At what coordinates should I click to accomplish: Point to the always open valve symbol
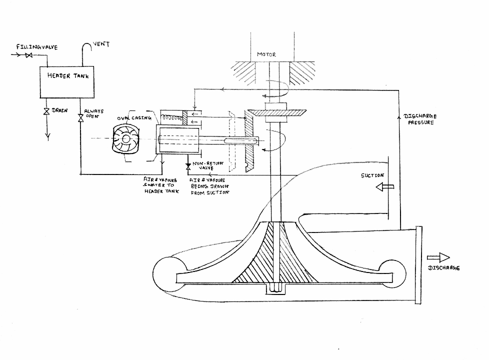[x=80, y=118]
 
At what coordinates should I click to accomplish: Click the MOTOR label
[x=266, y=54]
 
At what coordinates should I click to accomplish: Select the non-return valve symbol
[x=188, y=164]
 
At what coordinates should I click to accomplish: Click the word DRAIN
[x=59, y=110]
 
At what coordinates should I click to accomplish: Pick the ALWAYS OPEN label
[x=93, y=114]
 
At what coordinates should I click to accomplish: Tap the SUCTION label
[x=372, y=175]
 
